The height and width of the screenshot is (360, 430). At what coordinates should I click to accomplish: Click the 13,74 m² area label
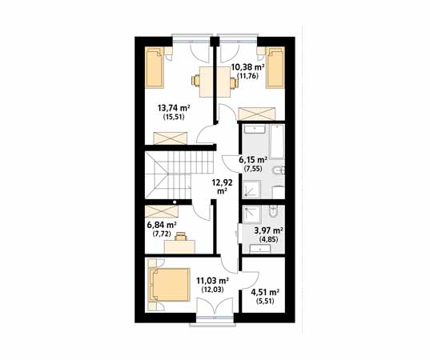pyautogui.click(x=174, y=108)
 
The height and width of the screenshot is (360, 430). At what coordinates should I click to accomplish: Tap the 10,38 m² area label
pyautogui.click(x=247, y=67)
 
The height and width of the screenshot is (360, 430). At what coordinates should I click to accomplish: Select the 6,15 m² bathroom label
pyautogui.click(x=253, y=159)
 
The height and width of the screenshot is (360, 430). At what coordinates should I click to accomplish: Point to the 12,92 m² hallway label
pyautogui.click(x=222, y=186)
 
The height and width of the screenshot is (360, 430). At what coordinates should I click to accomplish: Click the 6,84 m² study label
pyautogui.click(x=162, y=226)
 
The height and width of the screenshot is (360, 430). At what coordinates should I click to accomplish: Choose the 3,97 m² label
pyautogui.click(x=269, y=230)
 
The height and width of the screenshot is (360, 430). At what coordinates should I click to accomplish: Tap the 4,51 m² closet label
pyautogui.click(x=265, y=292)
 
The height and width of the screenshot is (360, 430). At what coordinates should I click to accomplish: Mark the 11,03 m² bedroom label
pyautogui.click(x=213, y=281)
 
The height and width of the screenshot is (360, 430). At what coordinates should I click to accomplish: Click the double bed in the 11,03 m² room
pyautogui.click(x=169, y=285)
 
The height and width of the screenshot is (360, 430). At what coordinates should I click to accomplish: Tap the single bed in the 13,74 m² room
pyautogui.click(x=155, y=67)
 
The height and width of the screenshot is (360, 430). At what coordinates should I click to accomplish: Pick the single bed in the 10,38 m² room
pyautogui.click(x=275, y=67)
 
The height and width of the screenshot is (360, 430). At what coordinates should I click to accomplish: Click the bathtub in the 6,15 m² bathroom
pyautogui.click(x=276, y=142)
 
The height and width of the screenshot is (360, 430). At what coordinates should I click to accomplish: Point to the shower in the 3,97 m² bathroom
pyautogui.click(x=251, y=214)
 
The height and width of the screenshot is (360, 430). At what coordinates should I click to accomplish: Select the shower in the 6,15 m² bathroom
pyautogui.click(x=251, y=189)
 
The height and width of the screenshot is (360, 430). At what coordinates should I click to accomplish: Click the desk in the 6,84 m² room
pyautogui.click(x=179, y=246)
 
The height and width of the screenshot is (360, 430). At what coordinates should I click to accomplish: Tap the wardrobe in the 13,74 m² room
pyautogui.click(x=171, y=138)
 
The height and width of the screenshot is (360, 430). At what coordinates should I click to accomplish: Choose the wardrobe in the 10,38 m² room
pyautogui.click(x=257, y=114)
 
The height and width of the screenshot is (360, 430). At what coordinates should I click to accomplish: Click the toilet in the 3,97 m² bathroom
pyautogui.click(x=273, y=211)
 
